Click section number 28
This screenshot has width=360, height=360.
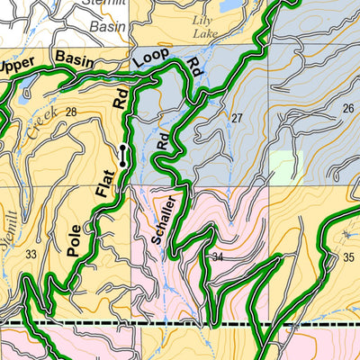click(71, 112)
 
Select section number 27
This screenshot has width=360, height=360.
click(238, 119)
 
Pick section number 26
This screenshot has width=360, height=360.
click(348, 109)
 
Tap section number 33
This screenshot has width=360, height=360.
click(31, 255)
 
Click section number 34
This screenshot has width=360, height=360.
click(216, 258)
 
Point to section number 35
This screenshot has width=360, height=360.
click(349, 258)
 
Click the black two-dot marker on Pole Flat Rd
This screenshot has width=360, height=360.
click(122, 155)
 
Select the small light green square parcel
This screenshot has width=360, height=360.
click(282, 166)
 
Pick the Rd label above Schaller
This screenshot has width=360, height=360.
click(163, 139)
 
